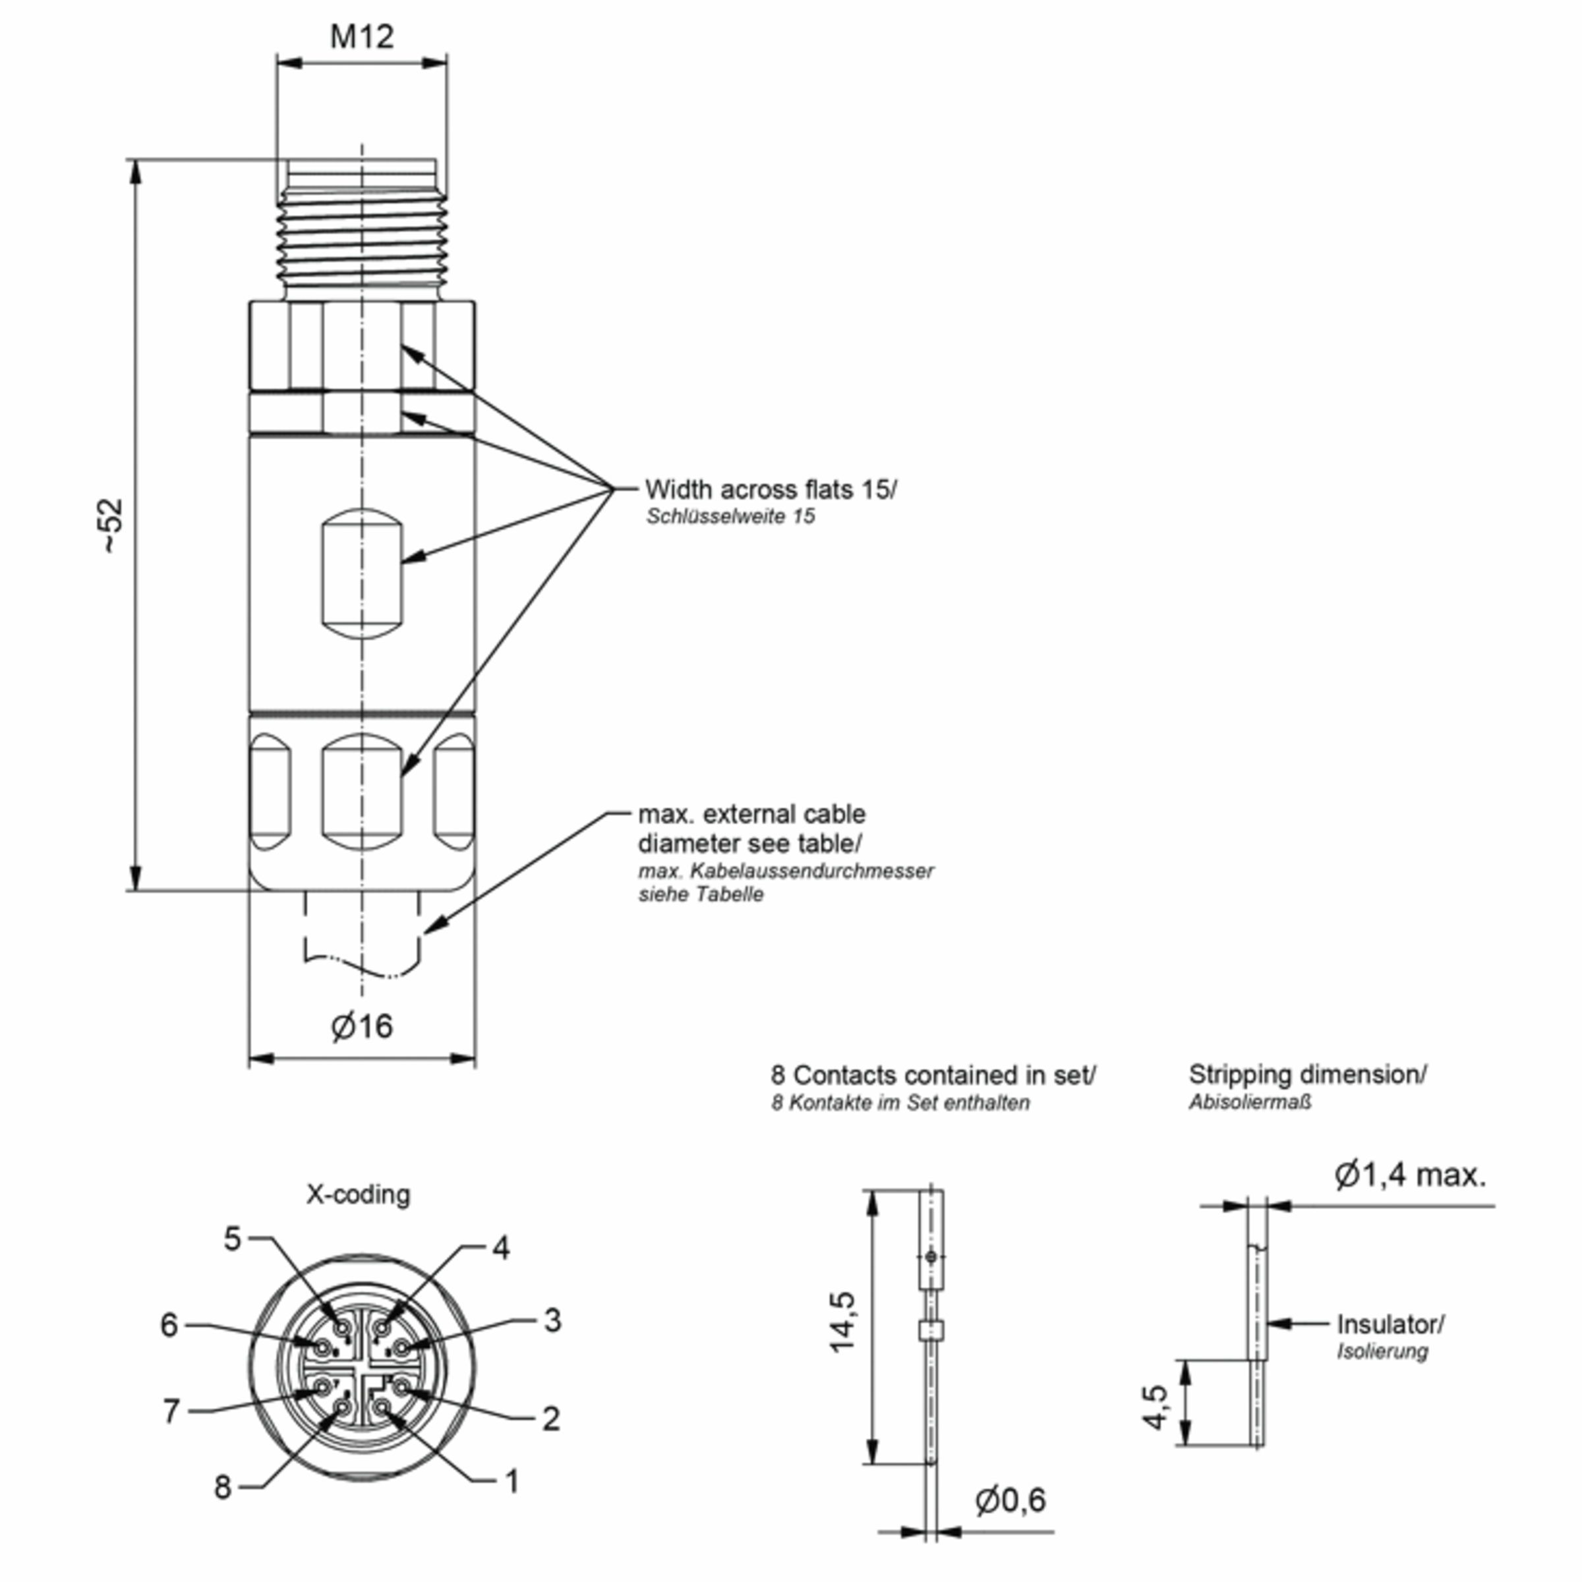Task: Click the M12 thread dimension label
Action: (361, 36)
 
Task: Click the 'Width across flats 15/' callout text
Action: (771, 489)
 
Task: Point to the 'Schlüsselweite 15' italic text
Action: (730, 517)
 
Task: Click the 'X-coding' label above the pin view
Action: (358, 1194)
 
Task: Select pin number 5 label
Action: (233, 1239)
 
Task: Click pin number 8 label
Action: (223, 1488)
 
